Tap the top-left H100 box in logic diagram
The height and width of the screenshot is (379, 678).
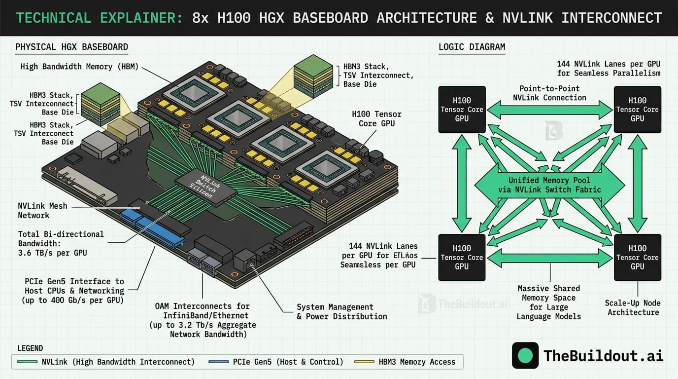click(462, 110)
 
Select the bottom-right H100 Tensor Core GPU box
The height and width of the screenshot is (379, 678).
click(637, 257)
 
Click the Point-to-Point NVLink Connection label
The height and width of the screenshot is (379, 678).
click(549, 93)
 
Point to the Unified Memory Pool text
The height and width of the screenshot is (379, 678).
click(549, 185)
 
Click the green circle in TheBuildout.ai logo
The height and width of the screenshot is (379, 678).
click(525, 355)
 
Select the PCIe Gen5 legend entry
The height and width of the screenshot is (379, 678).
click(287, 362)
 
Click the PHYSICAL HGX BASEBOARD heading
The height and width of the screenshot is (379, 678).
click(71, 47)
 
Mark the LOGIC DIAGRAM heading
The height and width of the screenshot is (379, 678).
click(472, 47)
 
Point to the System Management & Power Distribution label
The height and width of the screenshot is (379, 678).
click(341, 311)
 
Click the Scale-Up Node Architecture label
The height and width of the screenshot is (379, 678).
click(633, 307)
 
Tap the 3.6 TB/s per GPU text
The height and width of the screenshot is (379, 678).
click(52, 253)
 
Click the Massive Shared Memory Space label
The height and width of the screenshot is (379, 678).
click(548, 302)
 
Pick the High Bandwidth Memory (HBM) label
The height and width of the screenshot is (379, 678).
click(79, 67)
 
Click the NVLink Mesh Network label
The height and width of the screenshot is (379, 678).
click(42, 211)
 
